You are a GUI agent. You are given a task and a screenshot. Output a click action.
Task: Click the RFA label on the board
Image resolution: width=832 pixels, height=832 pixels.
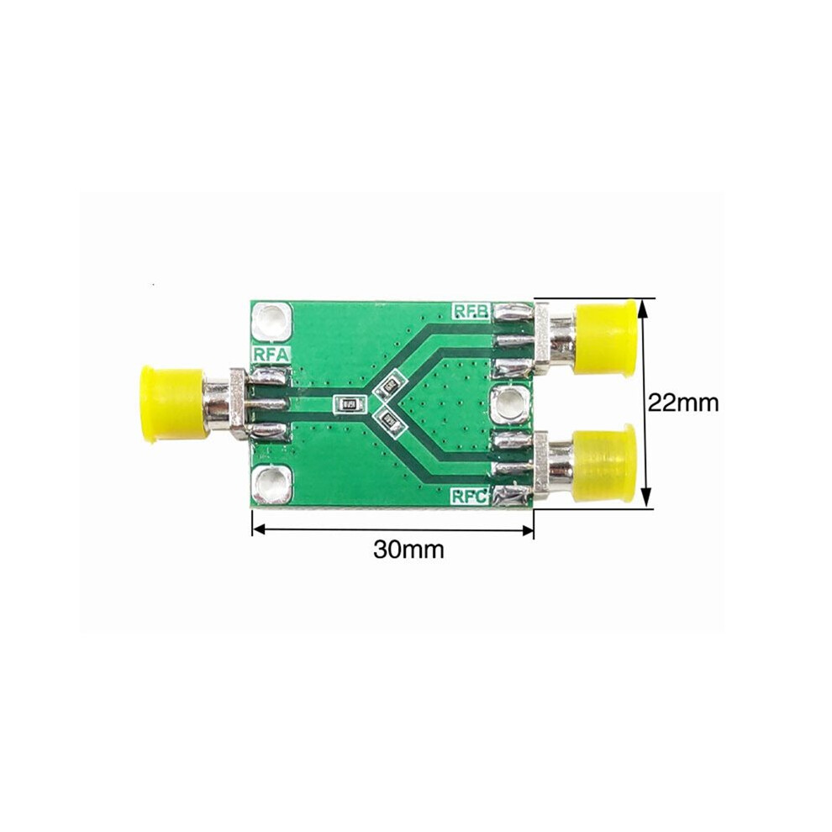tap(271, 355)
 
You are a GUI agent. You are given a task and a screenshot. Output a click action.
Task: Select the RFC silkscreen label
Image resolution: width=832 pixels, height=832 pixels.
tap(470, 497)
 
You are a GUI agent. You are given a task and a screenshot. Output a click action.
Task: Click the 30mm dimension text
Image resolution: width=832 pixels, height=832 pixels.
tap(408, 550)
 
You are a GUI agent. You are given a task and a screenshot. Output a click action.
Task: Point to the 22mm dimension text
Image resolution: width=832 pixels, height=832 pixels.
tap(683, 403)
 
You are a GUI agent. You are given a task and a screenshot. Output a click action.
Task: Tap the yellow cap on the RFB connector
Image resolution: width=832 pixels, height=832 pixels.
tap(606, 338)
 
